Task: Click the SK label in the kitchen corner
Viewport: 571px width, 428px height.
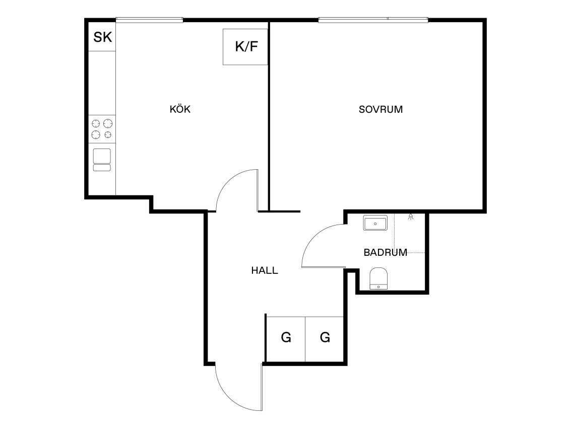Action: click(103, 37)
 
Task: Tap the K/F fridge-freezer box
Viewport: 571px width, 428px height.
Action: click(245, 47)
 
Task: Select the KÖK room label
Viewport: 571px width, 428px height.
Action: click(180, 109)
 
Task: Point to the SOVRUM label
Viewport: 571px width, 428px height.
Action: click(380, 110)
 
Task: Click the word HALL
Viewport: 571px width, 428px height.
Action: click(265, 270)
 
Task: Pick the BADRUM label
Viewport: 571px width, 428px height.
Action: click(385, 253)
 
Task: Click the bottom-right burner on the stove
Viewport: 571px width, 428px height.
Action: click(108, 134)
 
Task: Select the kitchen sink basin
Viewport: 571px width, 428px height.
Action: click(102, 156)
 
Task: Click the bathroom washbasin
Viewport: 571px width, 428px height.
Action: click(375, 223)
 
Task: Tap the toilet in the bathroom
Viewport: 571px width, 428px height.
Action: click(378, 278)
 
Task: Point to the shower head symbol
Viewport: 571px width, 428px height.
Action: click(411, 217)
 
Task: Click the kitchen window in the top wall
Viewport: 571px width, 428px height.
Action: click(149, 20)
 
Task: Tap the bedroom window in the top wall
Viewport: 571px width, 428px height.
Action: click(373, 20)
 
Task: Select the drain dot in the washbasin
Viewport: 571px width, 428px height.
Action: click(375, 224)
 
